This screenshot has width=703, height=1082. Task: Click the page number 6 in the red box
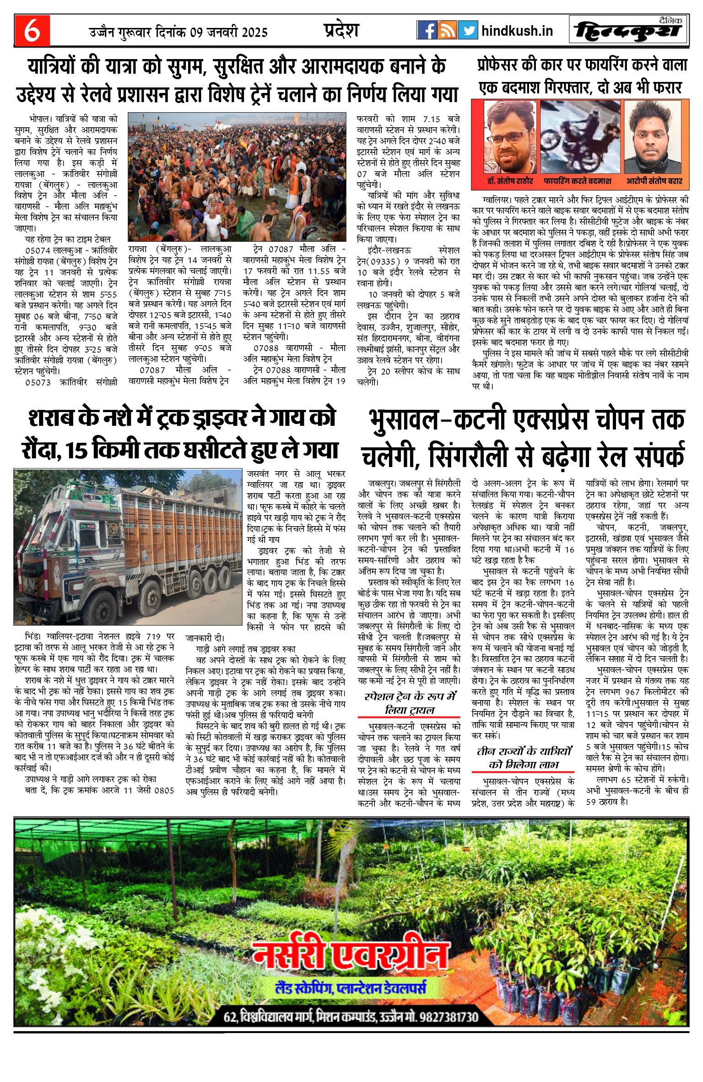pos(32,31)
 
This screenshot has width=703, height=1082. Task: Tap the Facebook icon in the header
pos(427,30)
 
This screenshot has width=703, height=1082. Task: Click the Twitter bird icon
pos(468,30)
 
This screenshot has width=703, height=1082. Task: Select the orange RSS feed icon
pos(447,30)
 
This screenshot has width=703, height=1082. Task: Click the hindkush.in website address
pos(517,31)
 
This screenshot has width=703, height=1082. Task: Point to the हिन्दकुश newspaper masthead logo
pos(628,31)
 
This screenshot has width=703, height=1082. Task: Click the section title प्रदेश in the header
pos(341,30)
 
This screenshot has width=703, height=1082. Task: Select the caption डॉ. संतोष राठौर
pos(510,181)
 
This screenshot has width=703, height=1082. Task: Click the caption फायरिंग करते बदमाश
pos(577,181)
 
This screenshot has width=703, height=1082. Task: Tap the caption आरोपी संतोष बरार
pos(654,181)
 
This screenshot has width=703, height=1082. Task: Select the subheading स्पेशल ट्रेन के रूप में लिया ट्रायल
pos(410,703)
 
